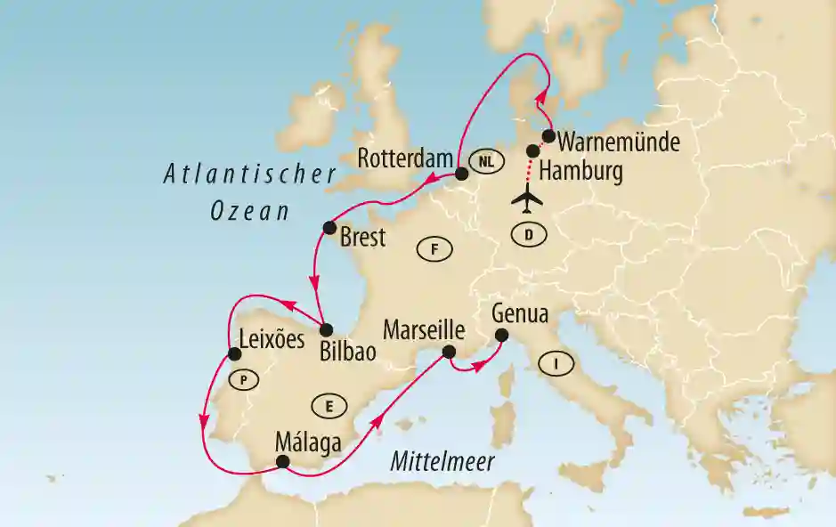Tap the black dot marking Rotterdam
461,174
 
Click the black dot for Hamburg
533,150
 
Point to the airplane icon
530,201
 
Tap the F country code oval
434,250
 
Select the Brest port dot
329,226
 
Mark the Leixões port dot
235,353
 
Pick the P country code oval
242,380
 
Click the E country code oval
329,407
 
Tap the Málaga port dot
282,461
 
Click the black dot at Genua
501,336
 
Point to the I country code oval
556,363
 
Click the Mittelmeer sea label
442,460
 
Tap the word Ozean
251,211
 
